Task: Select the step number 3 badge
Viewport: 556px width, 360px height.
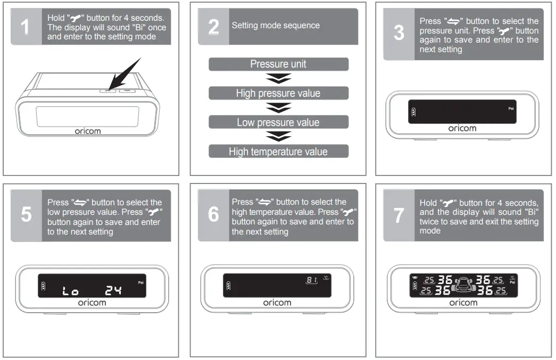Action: (399, 33)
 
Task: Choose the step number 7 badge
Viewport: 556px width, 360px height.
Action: (399, 215)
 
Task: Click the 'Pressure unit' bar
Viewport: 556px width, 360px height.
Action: (278, 64)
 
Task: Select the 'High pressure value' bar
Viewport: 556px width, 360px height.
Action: (278, 94)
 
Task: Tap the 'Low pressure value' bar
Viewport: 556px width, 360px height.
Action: (278, 122)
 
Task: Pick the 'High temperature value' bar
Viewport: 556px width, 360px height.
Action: (278, 152)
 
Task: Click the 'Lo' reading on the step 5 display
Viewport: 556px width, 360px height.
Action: (71, 291)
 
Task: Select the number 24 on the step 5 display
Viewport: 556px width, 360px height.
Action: (113, 290)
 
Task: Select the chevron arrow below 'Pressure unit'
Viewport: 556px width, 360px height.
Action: (278, 79)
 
